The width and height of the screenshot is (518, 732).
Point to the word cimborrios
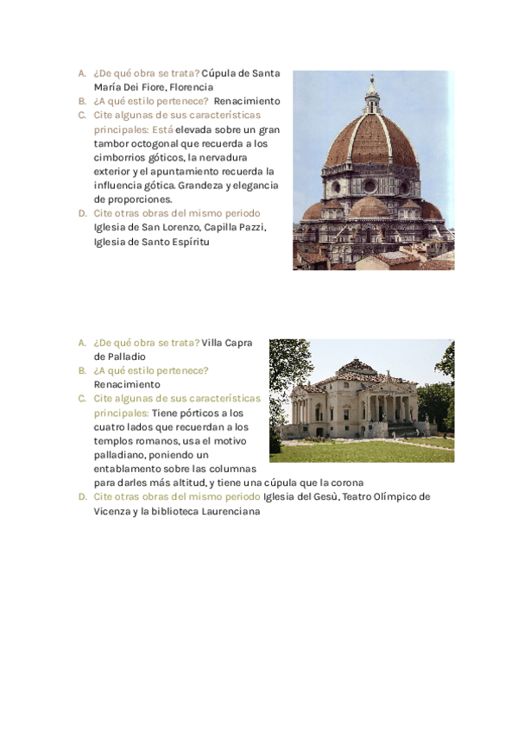click(117, 157)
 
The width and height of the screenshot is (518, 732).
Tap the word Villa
click(213, 343)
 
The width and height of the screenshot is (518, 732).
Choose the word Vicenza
click(113, 511)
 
